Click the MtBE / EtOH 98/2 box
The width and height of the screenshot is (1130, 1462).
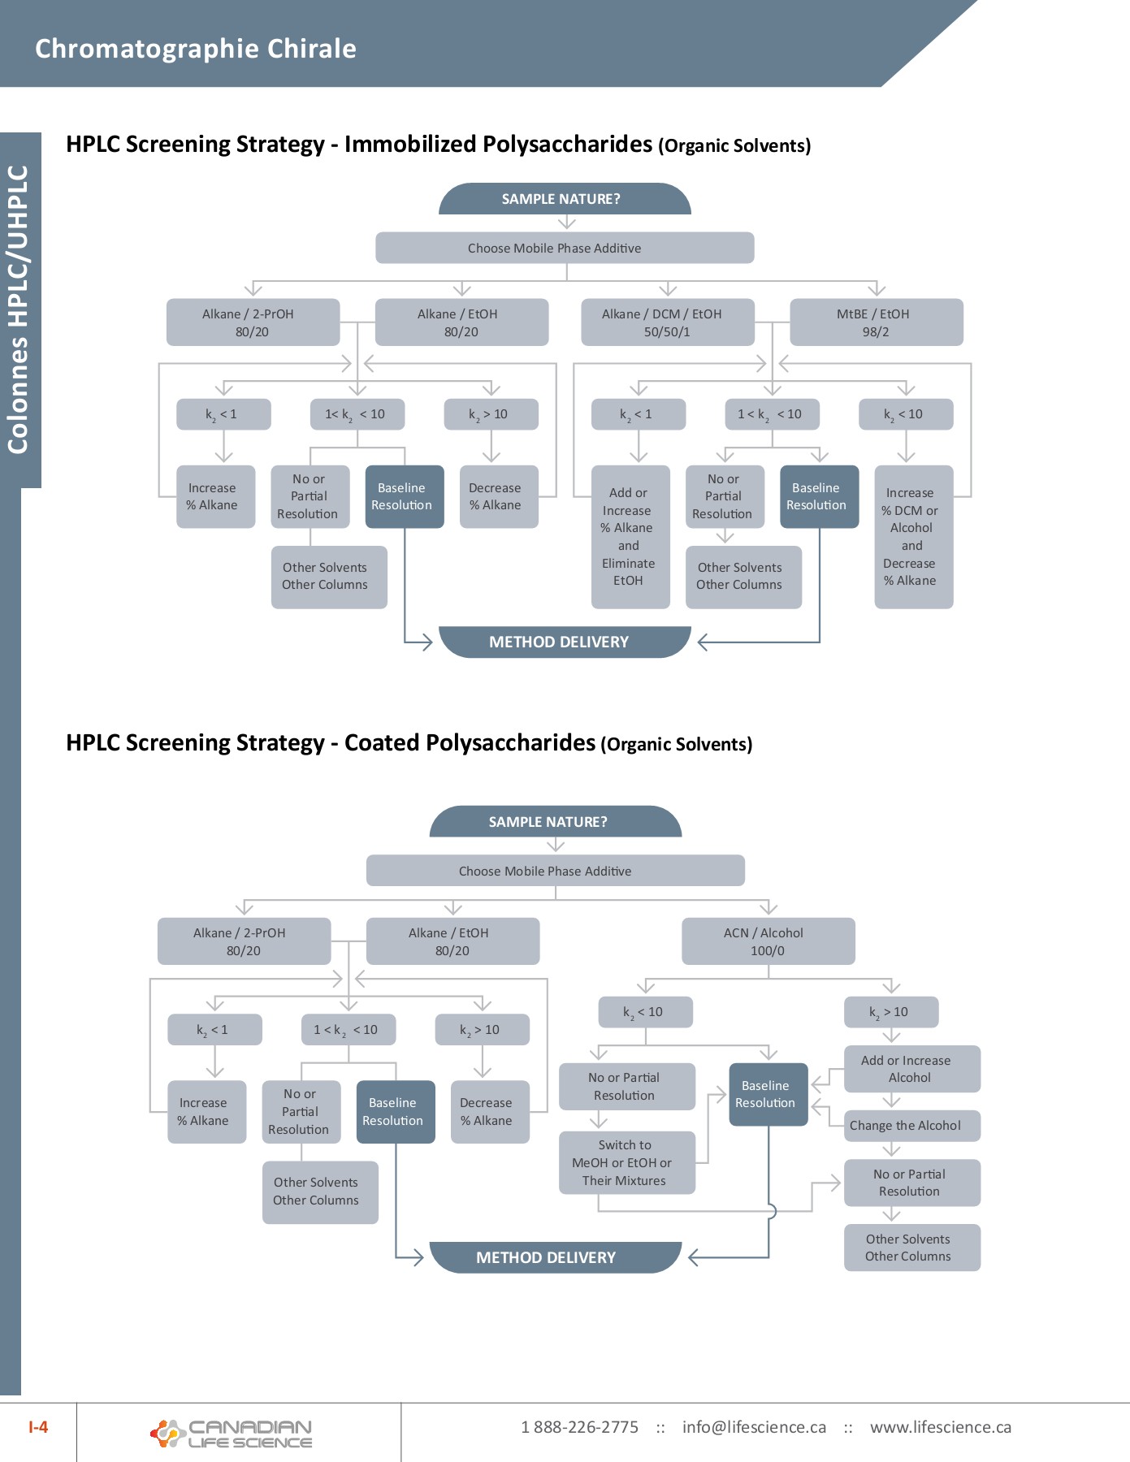(876, 322)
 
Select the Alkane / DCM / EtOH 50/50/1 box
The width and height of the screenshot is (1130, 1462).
(667, 322)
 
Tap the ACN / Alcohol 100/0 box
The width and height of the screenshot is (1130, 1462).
(768, 941)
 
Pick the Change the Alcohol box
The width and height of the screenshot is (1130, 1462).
(911, 1126)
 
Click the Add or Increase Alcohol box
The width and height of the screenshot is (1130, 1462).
(911, 1069)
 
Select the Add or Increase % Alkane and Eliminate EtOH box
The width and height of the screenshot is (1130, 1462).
(630, 537)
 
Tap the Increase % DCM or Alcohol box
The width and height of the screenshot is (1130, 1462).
(913, 537)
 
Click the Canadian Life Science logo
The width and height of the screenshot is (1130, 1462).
(232, 1434)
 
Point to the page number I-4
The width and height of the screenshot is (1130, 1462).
(38, 1427)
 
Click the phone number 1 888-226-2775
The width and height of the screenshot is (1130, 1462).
(579, 1427)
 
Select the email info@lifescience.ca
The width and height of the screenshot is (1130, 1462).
(754, 1427)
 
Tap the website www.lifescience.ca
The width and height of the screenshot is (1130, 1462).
(940, 1427)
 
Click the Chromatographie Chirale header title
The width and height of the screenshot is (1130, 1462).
(196, 49)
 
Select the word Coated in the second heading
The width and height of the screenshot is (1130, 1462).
(381, 743)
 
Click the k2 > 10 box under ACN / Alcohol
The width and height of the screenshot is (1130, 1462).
(890, 1012)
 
